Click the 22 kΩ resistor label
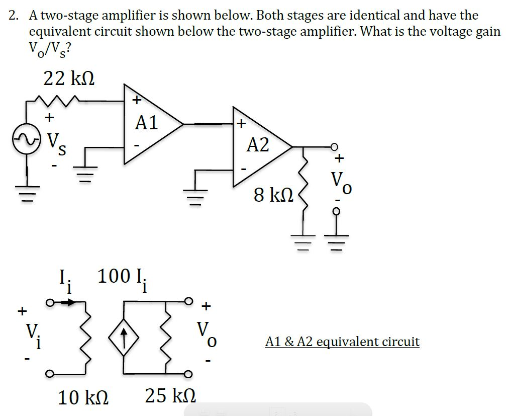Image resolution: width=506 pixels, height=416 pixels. coord(69,79)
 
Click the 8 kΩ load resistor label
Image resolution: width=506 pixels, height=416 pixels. coord(273,195)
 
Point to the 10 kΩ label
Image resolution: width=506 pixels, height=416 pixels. coord(83,398)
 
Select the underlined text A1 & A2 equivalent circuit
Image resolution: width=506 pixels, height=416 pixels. coord(342,342)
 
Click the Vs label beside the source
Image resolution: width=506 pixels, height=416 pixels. coord(55,141)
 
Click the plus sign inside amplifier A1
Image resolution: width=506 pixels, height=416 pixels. coord(136,100)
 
